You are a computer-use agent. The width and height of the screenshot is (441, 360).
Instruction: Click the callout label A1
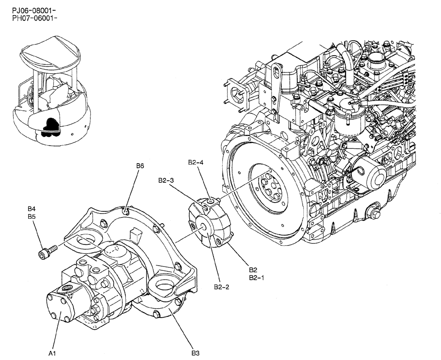coord(52,353)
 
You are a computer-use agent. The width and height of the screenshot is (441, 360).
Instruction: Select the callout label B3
coord(196,353)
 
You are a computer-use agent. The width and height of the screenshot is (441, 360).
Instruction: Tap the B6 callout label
coord(140,166)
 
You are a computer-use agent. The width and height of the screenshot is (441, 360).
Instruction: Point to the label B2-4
coord(195,162)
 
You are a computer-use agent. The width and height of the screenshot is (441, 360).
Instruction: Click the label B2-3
coord(166,180)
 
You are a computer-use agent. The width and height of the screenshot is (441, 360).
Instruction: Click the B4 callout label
coord(32,208)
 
